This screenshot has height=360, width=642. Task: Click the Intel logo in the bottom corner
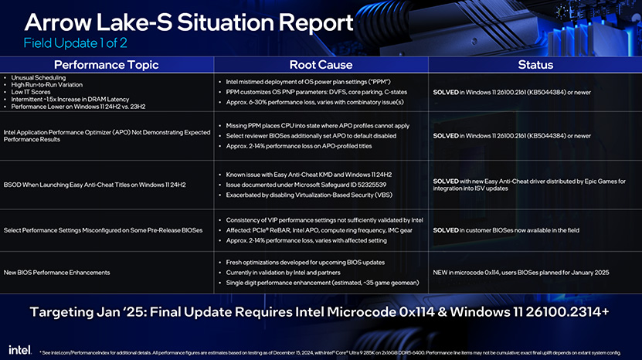pos(19,350)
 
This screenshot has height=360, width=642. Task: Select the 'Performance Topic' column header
pos(106,65)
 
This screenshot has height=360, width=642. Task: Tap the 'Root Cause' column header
pos(321,65)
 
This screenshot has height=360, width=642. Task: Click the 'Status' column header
pos(535,65)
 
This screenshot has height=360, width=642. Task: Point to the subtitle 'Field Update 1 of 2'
pos(76,43)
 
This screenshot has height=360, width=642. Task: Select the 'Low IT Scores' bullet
pos(31,92)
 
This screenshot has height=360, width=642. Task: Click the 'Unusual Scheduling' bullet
pos(38,77)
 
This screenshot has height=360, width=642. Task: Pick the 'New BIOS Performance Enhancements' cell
pos(57,273)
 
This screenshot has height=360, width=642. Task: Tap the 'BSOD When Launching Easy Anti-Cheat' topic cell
pos(94,185)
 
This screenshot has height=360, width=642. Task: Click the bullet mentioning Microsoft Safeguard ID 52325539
pos(306,185)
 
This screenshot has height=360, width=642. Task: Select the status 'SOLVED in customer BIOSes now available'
pos(506,230)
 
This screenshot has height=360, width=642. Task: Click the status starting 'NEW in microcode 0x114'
pos(521,273)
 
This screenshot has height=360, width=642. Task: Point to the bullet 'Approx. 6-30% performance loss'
pos(314,102)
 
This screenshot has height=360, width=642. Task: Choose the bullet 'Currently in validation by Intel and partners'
pos(283,273)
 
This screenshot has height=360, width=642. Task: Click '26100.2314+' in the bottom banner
pos(567,312)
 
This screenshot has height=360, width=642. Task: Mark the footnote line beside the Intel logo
pos(330,352)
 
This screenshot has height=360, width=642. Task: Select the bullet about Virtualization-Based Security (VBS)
pos(309,195)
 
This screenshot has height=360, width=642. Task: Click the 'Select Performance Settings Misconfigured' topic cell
pos(104,230)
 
